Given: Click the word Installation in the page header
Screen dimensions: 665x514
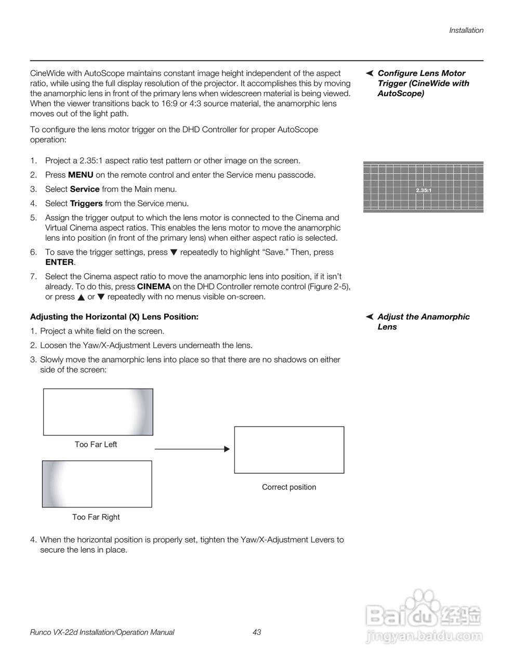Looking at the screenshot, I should pos(466,30).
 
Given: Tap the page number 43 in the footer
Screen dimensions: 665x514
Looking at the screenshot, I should pos(256,632).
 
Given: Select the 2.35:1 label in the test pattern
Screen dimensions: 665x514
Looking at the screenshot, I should pos(424,190).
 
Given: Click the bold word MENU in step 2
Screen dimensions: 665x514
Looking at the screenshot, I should pos(81,175).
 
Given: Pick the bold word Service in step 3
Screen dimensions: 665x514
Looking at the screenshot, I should pos(84,189).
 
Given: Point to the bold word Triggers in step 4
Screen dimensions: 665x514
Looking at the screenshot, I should pos(86,204).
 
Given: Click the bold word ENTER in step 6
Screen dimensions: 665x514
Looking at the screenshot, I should pos(59,262).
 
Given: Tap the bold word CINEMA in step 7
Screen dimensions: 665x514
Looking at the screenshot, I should pos(153,287).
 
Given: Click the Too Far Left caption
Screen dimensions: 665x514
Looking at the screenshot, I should pos(96,445).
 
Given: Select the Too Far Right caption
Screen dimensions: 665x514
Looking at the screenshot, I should pos(96,517).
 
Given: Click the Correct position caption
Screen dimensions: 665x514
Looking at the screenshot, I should pos(289,487).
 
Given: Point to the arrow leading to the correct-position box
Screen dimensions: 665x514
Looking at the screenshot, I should pos(192,449).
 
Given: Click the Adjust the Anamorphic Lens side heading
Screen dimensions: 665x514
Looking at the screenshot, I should pos(423,322).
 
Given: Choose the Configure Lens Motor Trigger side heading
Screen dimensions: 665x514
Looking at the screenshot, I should pos(423,83).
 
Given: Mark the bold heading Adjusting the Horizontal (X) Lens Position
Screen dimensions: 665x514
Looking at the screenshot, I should pos(114,317).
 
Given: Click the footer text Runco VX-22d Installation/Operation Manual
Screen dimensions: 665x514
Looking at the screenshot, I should pos(102,632).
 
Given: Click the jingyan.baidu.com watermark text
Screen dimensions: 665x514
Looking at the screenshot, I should pos(424,635).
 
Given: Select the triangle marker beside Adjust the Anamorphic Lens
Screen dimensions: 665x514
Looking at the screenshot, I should pos(370,317).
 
